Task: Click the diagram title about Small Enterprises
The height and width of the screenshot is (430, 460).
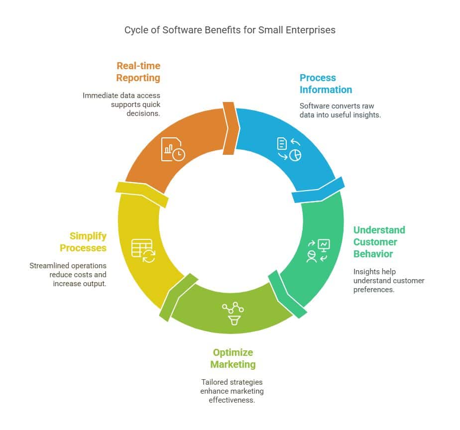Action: pos(230,30)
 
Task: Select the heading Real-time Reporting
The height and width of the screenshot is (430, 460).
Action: pos(138,72)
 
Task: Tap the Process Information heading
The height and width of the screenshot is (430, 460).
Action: pos(326,84)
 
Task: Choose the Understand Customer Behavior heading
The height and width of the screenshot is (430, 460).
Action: pos(379,242)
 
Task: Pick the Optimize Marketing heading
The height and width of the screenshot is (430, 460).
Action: pos(232,358)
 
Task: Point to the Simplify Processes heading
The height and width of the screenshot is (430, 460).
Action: pos(83,242)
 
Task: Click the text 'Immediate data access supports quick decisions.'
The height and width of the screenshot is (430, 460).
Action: pos(121,104)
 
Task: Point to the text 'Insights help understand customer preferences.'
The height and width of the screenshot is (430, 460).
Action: pos(388,281)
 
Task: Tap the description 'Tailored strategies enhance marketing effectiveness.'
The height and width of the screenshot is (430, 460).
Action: pos(232,391)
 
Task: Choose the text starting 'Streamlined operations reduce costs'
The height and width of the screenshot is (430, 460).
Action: pos(68,275)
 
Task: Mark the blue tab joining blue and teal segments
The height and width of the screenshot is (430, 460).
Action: pos(319,190)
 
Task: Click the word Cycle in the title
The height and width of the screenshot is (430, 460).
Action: pos(135,30)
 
